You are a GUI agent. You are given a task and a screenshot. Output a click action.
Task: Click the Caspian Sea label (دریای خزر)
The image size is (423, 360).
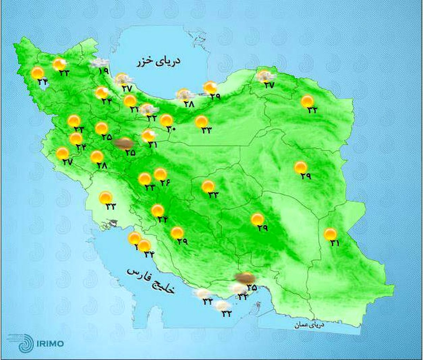(x=159, y=62)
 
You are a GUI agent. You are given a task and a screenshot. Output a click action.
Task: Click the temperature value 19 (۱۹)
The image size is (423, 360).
(x=103, y=71)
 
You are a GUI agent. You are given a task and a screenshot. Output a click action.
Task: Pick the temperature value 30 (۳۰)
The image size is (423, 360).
(x=171, y=129)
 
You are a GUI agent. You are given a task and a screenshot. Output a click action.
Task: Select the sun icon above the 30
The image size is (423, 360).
(x=166, y=120)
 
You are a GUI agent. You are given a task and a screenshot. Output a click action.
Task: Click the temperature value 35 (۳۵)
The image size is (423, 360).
(x=251, y=287)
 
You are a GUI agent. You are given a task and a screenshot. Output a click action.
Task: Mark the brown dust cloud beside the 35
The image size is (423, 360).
(x=244, y=278)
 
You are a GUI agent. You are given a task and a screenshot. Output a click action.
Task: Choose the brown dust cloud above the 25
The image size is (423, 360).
(x=124, y=143)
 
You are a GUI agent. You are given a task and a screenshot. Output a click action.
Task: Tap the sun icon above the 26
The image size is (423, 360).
(x=160, y=174)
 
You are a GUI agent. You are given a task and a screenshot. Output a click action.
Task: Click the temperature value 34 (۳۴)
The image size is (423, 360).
(x=149, y=254)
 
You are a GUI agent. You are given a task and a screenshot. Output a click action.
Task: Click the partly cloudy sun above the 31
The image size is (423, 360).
(x=148, y=136)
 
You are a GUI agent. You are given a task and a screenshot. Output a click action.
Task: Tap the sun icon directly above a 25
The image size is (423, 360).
(x=102, y=129)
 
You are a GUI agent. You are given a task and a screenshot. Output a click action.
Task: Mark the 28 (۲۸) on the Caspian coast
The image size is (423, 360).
(x=189, y=104)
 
